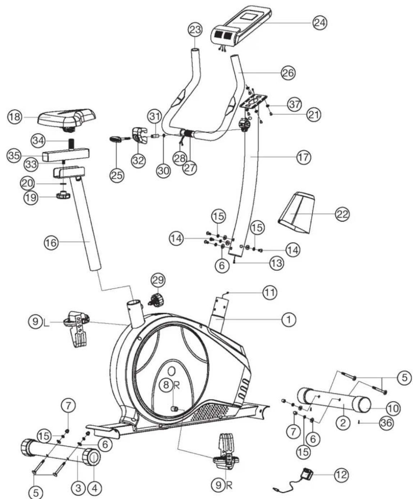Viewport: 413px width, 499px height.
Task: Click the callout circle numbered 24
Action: pyautogui.click(x=319, y=23)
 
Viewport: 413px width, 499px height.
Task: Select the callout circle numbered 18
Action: pyautogui.click(x=15, y=117)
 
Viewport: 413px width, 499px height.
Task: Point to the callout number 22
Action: pyautogui.click(x=342, y=214)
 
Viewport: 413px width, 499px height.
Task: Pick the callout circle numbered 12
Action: pyautogui.click(x=341, y=475)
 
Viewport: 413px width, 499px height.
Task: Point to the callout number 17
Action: pyautogui.click(x=304, y=157)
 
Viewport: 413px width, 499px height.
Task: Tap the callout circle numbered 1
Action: pyautogui.click(x=289, y=319)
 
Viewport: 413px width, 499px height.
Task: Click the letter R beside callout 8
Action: pyautogui.click(x=176, y=385)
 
